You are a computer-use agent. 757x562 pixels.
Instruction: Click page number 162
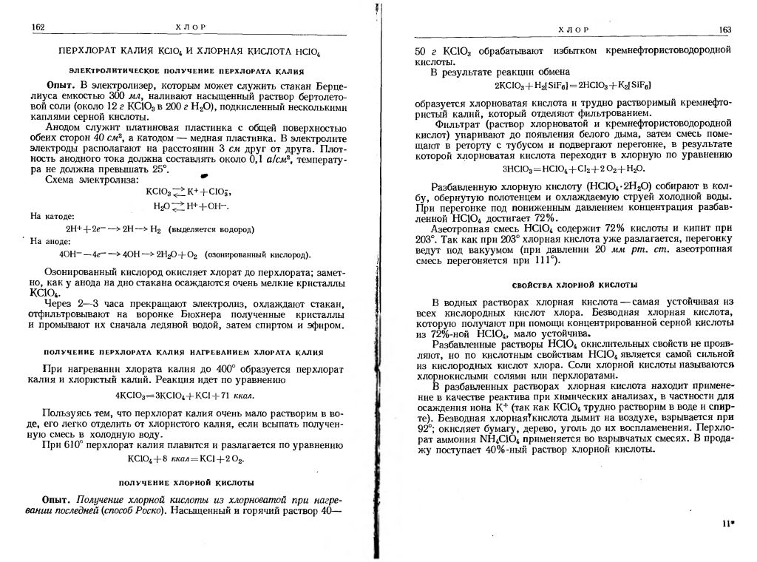(39, 27)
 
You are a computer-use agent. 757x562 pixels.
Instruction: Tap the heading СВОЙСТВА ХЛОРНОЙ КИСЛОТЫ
(576, 285)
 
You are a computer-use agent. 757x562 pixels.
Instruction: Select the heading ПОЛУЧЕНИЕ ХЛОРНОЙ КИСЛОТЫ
(188, 482)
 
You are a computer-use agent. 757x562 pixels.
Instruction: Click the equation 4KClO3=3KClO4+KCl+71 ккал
(188, 393)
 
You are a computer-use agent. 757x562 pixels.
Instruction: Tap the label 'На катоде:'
(49, 216)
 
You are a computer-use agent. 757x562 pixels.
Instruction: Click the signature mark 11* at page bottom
(727, 523)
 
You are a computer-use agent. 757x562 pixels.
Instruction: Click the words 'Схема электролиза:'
(91, 180)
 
